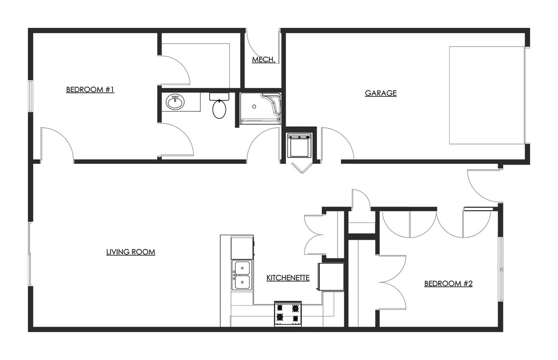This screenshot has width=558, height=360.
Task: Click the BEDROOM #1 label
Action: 90,90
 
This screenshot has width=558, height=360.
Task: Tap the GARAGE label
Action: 381,93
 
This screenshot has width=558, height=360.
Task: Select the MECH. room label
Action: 264,59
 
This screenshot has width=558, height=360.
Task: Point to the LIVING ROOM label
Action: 130,252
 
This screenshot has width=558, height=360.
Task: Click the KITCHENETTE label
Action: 288,278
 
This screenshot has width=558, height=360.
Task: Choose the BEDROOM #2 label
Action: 448,283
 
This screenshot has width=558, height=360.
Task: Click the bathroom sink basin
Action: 175,102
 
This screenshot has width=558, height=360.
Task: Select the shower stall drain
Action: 254,107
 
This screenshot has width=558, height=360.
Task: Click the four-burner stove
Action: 288,313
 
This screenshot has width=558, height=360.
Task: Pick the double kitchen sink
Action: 242,275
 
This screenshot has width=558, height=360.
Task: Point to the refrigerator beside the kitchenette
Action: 331,276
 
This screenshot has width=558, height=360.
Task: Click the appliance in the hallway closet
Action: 299,145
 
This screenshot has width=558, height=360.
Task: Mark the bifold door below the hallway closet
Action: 301,167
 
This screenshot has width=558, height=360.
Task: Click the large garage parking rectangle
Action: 487,95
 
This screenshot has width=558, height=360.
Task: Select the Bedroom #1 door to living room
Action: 57,144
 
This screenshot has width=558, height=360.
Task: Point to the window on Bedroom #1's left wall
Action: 30,95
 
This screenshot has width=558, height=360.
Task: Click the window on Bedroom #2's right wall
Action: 500,269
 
